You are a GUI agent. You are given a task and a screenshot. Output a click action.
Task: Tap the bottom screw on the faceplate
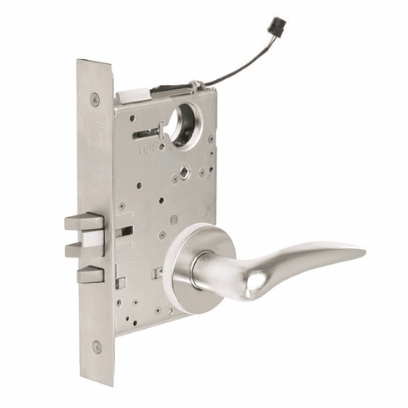coord(97,346)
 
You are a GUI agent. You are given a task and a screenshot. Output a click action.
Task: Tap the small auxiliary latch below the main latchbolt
coord(89,274)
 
